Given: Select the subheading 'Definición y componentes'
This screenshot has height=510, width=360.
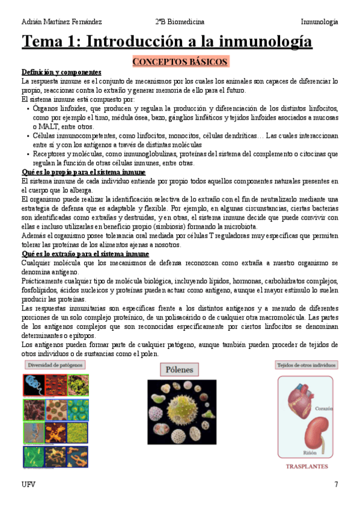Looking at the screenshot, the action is point(61,72).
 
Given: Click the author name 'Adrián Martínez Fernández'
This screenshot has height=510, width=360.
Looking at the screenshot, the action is point(61,22).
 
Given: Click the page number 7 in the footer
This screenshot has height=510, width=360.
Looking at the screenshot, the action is point(336,484).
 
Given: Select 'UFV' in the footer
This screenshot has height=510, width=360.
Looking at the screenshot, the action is point(28,484).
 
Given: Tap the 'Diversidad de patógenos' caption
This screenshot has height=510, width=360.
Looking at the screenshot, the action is point(55,365).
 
